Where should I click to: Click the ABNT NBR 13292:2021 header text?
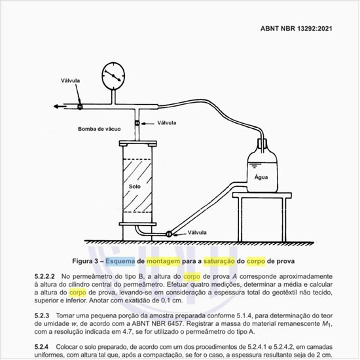[296, 28]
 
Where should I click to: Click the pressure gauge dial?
[113, 75]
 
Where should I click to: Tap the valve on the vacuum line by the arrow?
[80, 107]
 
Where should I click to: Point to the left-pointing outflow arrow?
[60, 106]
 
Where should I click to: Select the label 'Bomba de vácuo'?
[99, 129]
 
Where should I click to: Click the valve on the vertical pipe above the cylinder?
[137, 123]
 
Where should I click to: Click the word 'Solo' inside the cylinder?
[135, 187]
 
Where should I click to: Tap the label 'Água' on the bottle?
[261, 177]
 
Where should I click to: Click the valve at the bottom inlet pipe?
[169, 234]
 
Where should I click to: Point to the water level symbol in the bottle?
[253, 166]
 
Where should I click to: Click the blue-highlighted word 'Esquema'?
[120, 261]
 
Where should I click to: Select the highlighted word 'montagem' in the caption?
[163, 261]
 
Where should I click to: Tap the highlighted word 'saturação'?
[219, 261]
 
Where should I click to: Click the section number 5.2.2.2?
[45, 276]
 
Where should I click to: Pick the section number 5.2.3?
[42, 315]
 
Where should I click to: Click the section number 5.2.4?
[42, 347]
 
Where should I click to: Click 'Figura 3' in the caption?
[85, 261]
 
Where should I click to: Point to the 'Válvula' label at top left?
[70, 81]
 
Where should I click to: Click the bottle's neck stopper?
[262, 143]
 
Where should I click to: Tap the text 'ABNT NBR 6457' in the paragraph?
[156, 324]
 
